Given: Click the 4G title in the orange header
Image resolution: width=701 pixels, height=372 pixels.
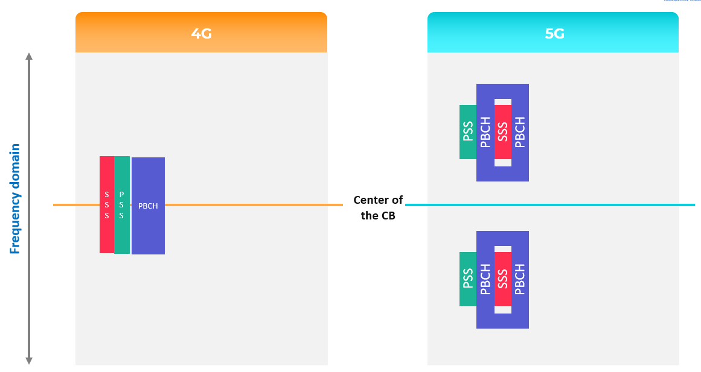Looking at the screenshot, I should (x=201, y=34).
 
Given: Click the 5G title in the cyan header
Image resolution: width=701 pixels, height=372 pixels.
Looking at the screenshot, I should (x=554, y=34).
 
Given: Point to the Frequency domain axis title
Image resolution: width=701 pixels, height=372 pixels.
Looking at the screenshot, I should (x=16, y=199).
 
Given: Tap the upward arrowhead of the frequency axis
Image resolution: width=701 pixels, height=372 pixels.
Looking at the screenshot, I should (x=28, y=57).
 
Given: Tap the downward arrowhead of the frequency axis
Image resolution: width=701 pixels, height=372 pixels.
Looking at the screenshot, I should (x=28, y=361).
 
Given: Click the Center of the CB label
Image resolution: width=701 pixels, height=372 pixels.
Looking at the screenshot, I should (x=378, y=207).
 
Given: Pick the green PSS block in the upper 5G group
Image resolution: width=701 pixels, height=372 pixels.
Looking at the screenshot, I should (x=468, y=132).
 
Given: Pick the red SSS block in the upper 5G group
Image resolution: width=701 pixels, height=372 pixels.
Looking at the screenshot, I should (x=503, y=132).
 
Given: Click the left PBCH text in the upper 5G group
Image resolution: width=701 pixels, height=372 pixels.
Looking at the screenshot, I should (x=485, y=132).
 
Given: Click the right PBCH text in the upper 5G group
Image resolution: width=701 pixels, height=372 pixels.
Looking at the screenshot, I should (x=520, y=132).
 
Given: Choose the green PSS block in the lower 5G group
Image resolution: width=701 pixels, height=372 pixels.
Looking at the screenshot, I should (x=468, y=279).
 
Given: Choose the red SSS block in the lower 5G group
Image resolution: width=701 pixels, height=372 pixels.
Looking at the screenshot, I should (x=503, y=279).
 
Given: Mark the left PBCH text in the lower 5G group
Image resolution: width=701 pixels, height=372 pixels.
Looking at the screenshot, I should (x=485, y=279).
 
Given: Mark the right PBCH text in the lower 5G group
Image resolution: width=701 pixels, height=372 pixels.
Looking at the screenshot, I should (x=520, y=279).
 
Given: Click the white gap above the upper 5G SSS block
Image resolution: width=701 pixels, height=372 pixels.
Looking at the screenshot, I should (x=503, y=102).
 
